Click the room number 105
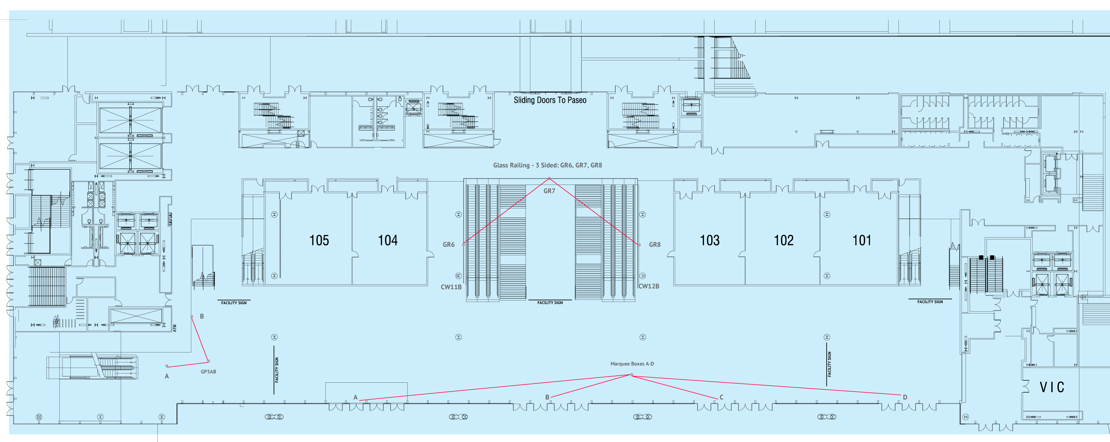tap(319, 241)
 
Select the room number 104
tap(387, 241)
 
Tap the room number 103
tap(709, 241)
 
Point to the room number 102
tap(783, 241)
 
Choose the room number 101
tap(861, 241)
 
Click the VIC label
tap(1052, 387)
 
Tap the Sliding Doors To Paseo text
tap(550, 100)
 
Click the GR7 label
tap(549, 191)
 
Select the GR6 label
tap(448, 245)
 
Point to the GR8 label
tap(655, 245)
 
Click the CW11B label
tap(451, 287)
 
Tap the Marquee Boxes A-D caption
tap(632, 364)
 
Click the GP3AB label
tap(208, 372)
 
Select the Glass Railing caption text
tap(547, 165)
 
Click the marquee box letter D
tap(905, 397)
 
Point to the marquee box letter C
tap(721, 397)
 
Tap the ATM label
tap(175, 328)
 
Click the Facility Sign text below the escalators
tap(550, 303)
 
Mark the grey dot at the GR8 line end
tap(639, 245)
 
